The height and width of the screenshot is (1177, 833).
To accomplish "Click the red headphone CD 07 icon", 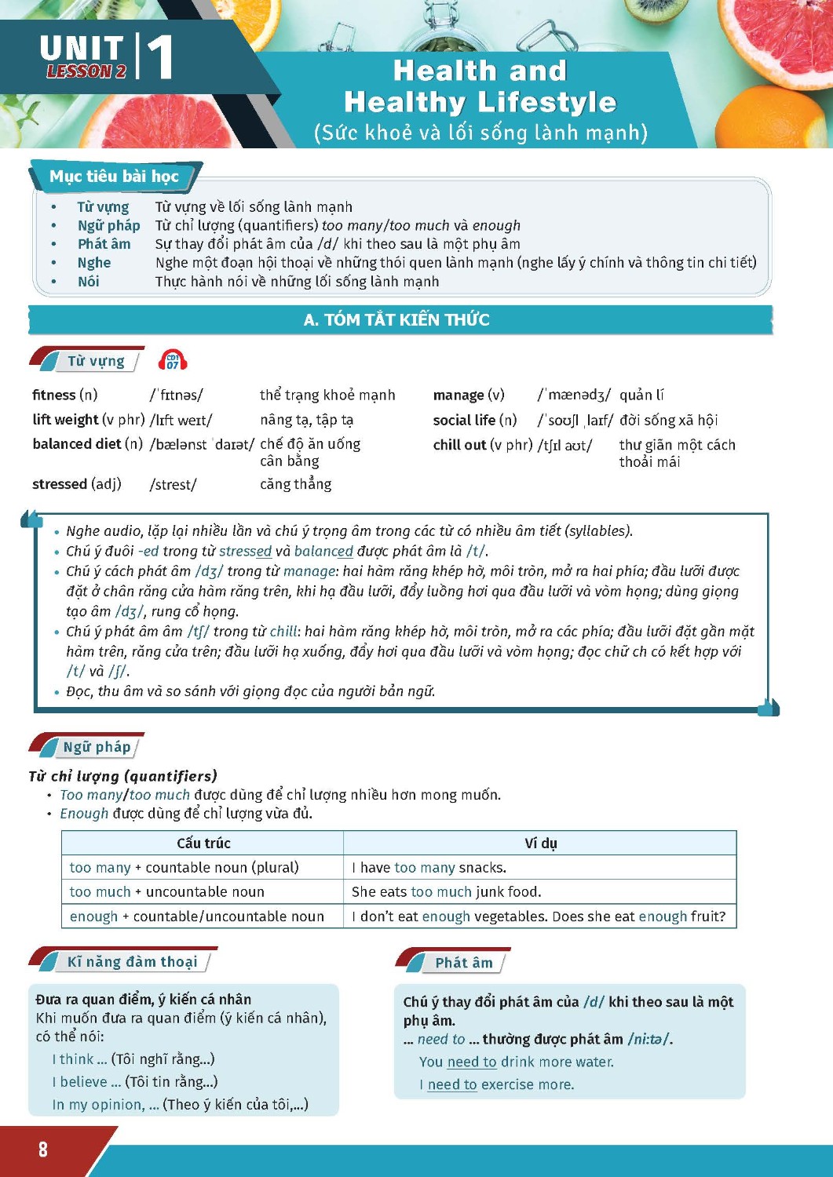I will tap(173, 361).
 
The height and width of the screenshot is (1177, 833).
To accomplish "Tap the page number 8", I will tap(43, 1150).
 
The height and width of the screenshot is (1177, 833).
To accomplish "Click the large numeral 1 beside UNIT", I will tap(159, 57).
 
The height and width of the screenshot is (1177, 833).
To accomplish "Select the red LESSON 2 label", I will tap(86, 71).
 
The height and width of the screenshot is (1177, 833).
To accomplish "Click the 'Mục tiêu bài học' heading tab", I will tap(115, 177).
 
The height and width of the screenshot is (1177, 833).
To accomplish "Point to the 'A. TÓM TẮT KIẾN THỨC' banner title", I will tap(396, 319).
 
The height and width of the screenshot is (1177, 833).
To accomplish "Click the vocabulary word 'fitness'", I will tap(54, 395).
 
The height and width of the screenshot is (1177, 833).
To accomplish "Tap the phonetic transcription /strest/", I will tap(174, 485).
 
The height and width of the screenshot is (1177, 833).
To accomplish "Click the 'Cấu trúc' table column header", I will tap(203, 843).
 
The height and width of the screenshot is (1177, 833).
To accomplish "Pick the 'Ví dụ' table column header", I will tap(540, 843).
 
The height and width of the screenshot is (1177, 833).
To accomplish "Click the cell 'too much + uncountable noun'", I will tap(167, 891).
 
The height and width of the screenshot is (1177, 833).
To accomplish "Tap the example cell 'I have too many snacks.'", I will tap(429, 867).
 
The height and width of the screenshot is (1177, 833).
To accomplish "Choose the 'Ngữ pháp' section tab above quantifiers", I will tap(97, 747).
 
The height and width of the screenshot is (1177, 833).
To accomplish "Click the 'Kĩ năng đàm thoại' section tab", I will tap(132, 962).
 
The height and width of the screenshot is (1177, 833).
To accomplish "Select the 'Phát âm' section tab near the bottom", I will tap(464, 963).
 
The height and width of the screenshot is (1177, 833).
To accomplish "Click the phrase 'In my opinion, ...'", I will tap(105, 1105).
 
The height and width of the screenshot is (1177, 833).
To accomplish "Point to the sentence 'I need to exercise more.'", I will tap(496, 1084).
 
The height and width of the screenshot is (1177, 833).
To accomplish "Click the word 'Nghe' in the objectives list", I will tap(94, 263).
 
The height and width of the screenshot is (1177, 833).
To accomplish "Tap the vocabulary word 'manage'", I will tap(459, 395).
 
